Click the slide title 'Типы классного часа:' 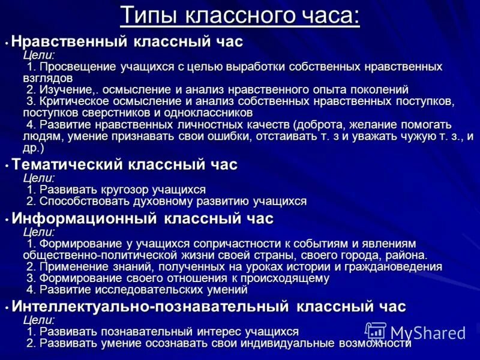click(x=240, y=16)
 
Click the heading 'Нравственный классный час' click(x=127, y=42)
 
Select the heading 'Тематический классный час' click(x=125, y=164)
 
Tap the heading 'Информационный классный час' click(x=143, y=218)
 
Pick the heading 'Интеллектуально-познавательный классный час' click(x=209, y=307)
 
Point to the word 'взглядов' click(x=48, y=77)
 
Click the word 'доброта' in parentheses click(x=317, y=125)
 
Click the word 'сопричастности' click(x=230, y=243)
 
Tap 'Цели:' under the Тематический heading click(x=38, y=178)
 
